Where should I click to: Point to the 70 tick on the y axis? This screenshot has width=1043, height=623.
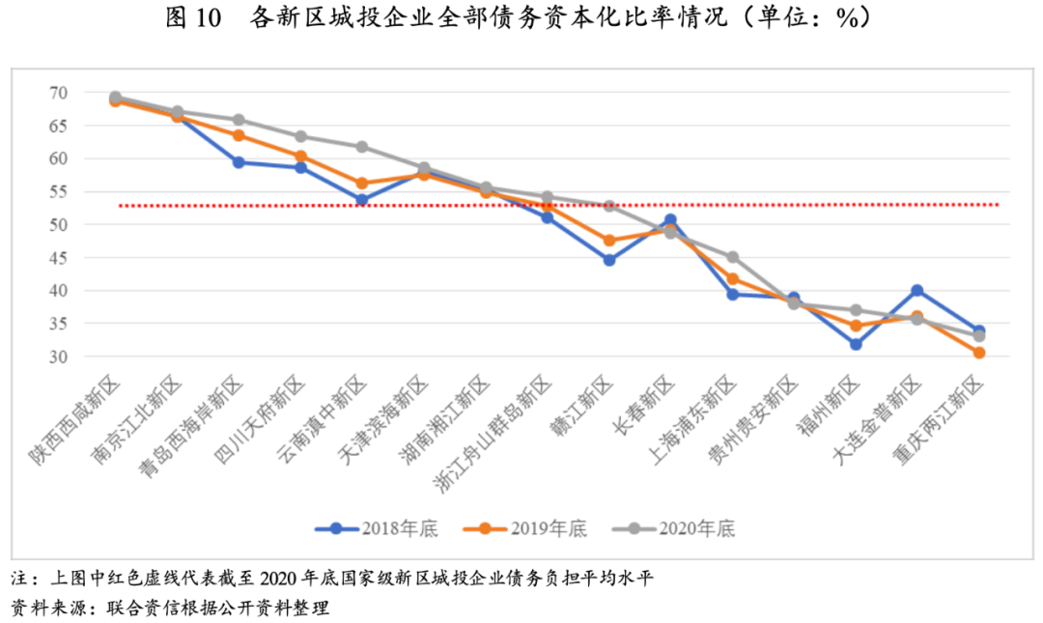pyautogui.click(x=59, y=93)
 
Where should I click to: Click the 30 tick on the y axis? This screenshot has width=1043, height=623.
pyautogui.click(x=59, y=356)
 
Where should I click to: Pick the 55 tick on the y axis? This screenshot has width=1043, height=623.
pyautogui.click(x=59, y=191)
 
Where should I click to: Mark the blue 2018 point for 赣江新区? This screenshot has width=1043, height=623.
pyautogui.click(x=609, y=260)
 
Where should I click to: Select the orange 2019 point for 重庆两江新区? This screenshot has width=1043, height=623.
pyautogui.click(x=979, y=353)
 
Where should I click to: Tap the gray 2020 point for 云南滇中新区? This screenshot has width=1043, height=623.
pyautogui.click(x=362, y=147)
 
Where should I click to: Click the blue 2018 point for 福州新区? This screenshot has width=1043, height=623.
pyautogui.click(x=856, y=344)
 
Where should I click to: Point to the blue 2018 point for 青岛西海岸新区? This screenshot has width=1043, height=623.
pyautogui.click(x=239, y=162)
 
